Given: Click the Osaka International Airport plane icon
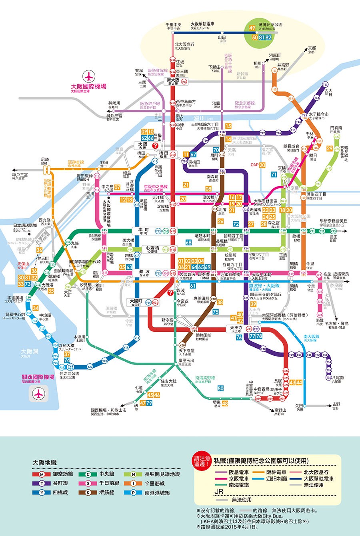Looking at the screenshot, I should [x=88, y=76].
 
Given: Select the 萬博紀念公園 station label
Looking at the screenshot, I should [x=270, y=25].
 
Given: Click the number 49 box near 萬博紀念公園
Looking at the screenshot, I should [x=252, y=28].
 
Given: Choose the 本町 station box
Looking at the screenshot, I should [x=143, y=231].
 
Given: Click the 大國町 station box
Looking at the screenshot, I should [x=136, y=302].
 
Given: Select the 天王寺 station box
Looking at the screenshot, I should [x=236, y=329].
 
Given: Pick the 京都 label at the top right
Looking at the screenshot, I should [x=312, y=49].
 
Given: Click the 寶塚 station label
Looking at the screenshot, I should [x=139, y=71].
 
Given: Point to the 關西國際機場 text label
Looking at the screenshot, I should [x=38, y=377].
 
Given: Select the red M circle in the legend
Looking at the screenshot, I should [x=42, y=474].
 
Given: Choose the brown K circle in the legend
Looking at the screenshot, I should [x=88, y=492].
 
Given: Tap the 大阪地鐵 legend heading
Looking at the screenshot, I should [x=44, y=462].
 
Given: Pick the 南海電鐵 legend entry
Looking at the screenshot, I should [x=239, y=485].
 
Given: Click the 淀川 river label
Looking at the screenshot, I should [x=199, y=118].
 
